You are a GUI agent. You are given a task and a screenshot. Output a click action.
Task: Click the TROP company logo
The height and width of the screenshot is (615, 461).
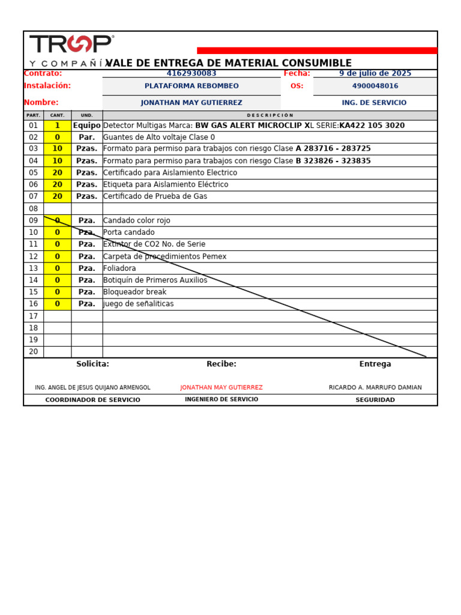[x=71, y=45]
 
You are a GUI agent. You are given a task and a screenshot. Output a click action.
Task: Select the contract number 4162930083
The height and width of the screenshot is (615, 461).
[x=191, y=73]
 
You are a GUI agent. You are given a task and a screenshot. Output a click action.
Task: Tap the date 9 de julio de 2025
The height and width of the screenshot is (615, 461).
[x=375, y=73]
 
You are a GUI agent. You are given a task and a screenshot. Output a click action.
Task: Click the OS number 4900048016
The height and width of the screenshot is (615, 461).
[x=375, y=86]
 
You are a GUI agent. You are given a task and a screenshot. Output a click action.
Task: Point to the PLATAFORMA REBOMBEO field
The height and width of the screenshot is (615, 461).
[x=191, y=86]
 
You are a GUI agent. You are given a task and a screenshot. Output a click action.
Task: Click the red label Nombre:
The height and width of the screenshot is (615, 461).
[x=41, y=103]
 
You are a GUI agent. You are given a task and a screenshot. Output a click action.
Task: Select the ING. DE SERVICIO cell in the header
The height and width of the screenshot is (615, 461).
[x=374, y=103]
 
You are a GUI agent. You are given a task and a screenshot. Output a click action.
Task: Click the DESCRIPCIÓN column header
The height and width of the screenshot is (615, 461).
[x=270, y=115]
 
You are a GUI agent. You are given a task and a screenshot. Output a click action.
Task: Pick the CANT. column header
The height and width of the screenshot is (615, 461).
[x=57, y=115]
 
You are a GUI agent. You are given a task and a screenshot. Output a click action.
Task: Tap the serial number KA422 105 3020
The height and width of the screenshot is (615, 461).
[x=372, y=126]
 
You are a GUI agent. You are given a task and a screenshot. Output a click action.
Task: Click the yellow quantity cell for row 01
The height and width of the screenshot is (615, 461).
[x=57, y=126]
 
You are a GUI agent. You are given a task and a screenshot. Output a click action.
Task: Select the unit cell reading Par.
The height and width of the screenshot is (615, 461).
[x=86, y=138]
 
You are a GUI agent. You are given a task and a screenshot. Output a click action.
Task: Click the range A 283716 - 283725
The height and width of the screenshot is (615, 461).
[x=333, y=149]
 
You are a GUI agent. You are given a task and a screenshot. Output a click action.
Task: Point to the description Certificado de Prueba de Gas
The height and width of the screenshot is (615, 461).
[x=155, y=196]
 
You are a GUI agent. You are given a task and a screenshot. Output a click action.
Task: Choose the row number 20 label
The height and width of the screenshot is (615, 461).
[x=34, y=352]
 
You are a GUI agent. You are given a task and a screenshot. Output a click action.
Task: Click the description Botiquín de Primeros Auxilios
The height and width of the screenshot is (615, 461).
[x=155, y=280]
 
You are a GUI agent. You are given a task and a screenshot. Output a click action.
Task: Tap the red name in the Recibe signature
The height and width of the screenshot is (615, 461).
[x=221, y=388]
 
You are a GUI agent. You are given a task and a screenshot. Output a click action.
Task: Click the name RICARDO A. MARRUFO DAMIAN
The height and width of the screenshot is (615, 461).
[x=375, y=388]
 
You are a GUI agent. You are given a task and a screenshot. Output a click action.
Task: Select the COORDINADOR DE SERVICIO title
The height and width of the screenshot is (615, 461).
[x=92, y=400]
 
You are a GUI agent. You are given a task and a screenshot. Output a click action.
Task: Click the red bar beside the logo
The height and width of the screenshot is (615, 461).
[x=317, y=50]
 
